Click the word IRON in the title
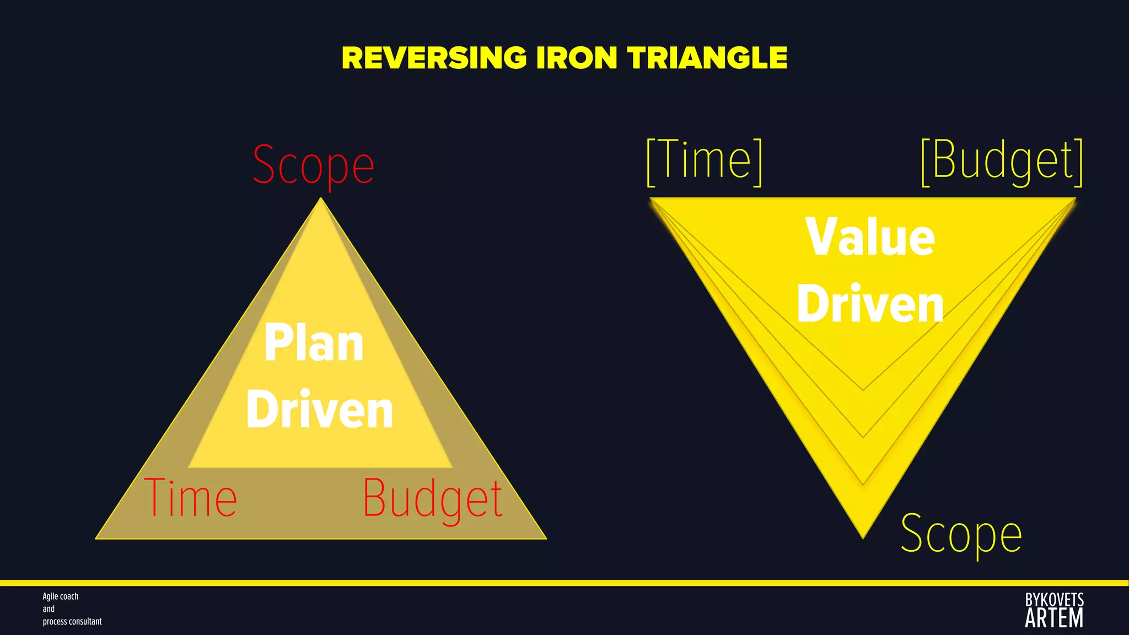pyautogui.click(x=577, y=58)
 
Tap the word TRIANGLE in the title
pyautogui.click(x=707, y=58)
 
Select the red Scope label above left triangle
pyautogui.click(x=313, y=165)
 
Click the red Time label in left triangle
pyautogui.click(x=191, y=498)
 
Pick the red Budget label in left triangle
pyautogui.click(x=433, y=499)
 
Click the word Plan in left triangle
pyautogui.click(x=314, y=343)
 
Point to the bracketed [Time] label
pyautogui.click(x=705, y=161)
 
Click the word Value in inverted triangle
pyautogui.click(x=870, y=237)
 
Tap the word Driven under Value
pyautogui.click(x=870, y=304)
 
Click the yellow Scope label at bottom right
pyautogui.click(x=961, y=534)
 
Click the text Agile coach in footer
pyautogui.click(x=61, y=596)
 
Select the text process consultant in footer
pyautogui.click(x=72, y=621)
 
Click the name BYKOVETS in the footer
pyautogui.click(x=1054, y=600)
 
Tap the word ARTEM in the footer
pyautogui.click(x=1054, y=618)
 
